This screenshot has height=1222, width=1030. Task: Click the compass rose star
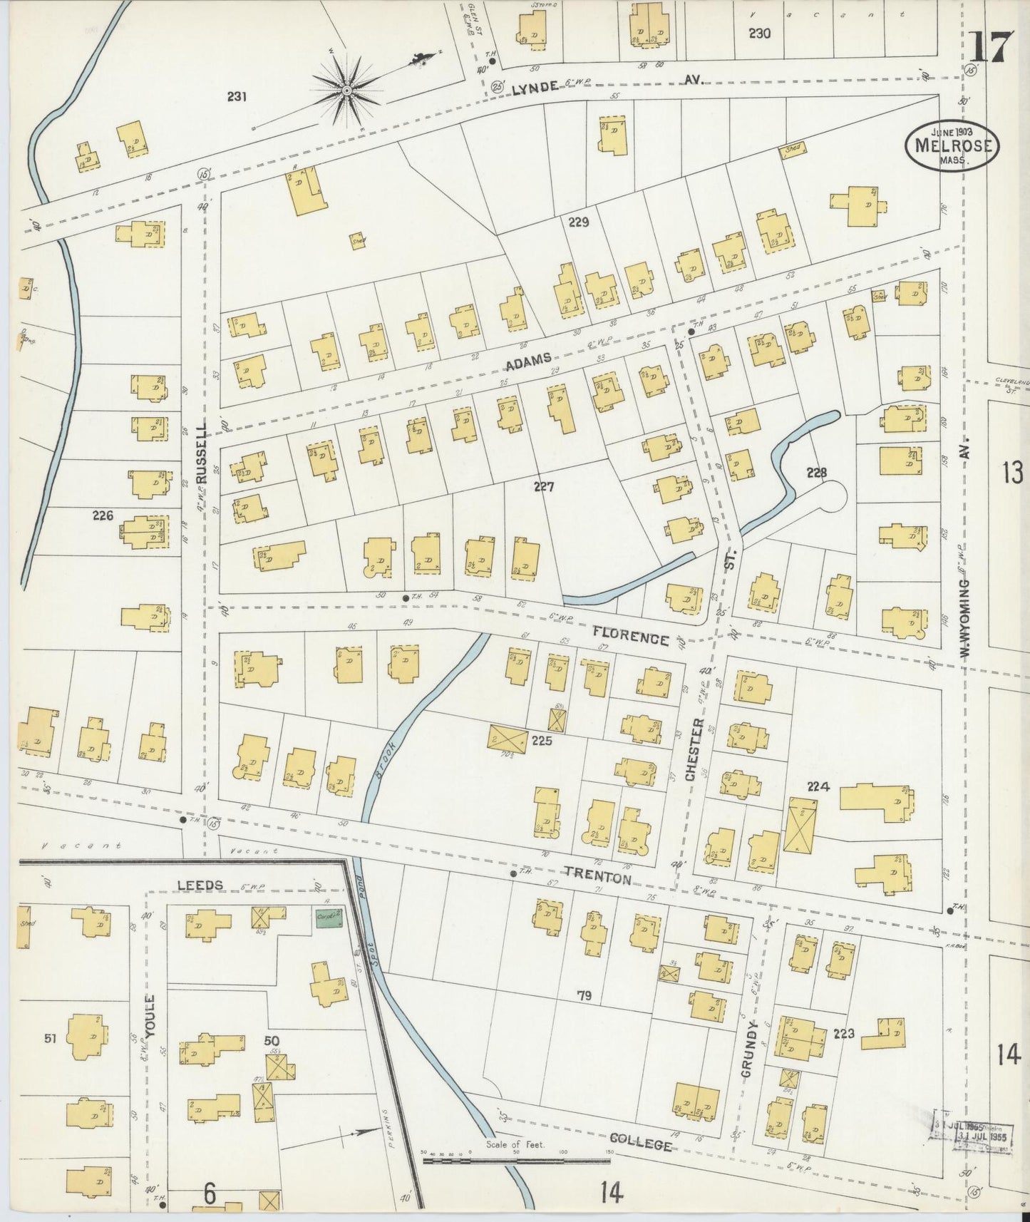coord(346,90)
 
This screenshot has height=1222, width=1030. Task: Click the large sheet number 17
coord(990,48)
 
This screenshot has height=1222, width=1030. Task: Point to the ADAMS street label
coord(528,364)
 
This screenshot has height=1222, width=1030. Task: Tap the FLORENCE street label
coord(631,635)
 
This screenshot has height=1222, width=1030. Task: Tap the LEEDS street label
coord(200,885)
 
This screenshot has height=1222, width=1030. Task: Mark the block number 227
coord(544,487)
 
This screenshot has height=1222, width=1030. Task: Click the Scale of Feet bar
coord(515,1160)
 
